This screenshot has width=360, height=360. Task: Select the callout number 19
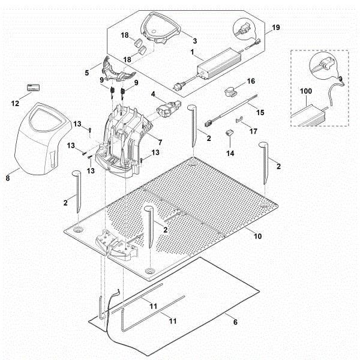pos(275,28)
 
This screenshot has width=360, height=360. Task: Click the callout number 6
pos(235,322)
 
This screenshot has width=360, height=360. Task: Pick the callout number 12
pos(16,103)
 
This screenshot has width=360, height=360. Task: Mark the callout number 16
pos(251,80)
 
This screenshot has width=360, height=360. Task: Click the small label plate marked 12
pos(31,88)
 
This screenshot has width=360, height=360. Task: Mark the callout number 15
pos(260,112)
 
